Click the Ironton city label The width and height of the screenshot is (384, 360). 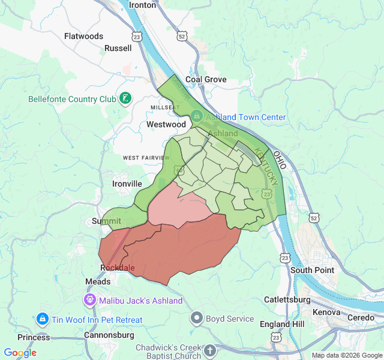[142, 5]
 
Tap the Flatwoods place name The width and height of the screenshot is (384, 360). [84, 36]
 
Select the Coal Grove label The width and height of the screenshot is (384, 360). [206, 79]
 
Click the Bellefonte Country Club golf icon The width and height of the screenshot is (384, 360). [125, 98]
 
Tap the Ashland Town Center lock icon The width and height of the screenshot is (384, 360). [197, 116]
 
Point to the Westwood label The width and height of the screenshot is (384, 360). [166, 124]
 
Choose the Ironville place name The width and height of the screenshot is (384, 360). [127, 184]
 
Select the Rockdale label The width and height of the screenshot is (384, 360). [118, 268]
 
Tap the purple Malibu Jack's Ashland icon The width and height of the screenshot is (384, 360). [90, 299]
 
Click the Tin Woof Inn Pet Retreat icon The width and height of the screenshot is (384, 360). [42, 319]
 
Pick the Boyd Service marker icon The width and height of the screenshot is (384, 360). [197, 317]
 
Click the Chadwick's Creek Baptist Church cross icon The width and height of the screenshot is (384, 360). [209, 350]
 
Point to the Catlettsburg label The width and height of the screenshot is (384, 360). [287, 299]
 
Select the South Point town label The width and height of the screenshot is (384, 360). [313, 270]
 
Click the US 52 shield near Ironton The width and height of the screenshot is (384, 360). [182, 37]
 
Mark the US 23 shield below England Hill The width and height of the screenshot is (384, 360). [275, 338]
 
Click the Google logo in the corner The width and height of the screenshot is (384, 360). [20, 353]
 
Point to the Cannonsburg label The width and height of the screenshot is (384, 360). [109, 335]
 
